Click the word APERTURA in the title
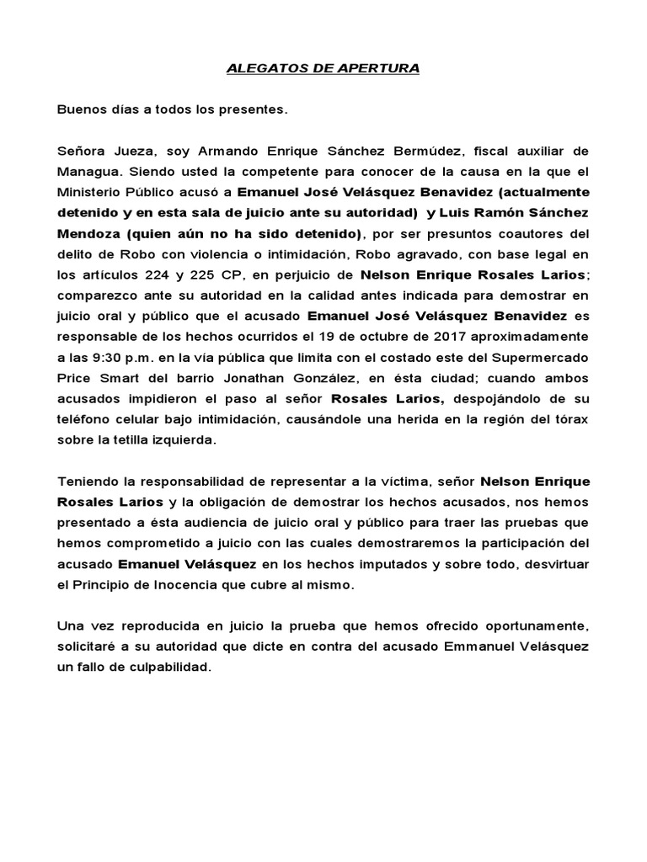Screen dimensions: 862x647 point(379,68)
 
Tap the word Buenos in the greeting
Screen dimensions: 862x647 point(80,109)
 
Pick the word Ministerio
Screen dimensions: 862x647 point(90,191)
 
